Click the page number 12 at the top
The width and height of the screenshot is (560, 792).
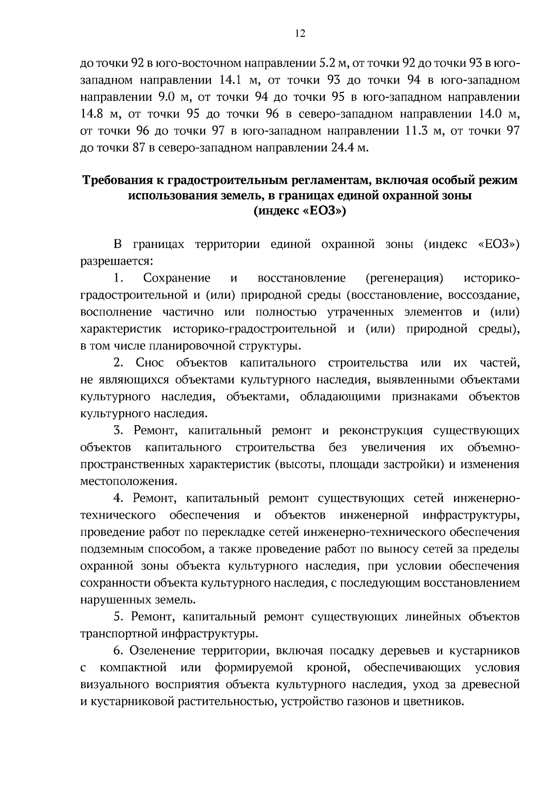(300, 34)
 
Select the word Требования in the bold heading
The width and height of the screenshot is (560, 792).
(117, 180)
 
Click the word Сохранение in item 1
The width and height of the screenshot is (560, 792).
(177, 278)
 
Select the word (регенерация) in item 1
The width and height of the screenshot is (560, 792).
(405, 278)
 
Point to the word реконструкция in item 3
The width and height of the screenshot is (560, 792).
(381, 430)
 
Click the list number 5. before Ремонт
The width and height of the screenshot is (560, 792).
(118, 617)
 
